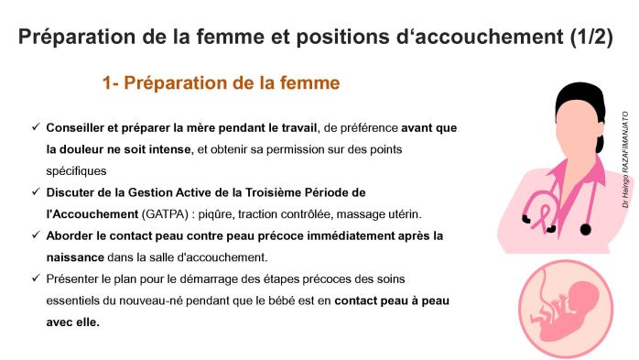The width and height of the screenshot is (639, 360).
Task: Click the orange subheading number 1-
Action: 111,83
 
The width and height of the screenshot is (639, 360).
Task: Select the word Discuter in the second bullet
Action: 76,192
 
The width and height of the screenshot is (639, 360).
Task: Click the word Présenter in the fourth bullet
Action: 76,278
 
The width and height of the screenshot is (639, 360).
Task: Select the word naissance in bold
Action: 76,257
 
